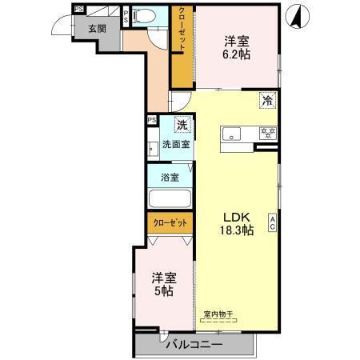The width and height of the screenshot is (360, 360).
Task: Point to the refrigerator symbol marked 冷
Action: click(x=267, y=101)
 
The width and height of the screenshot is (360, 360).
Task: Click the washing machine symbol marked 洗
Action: click(x=182, y=124)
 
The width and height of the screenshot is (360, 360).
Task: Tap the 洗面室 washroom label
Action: click(x=176, y=145)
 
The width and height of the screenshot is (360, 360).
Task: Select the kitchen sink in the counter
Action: click(x=233, y=133)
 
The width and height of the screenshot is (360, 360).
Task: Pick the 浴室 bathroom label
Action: click(x=169, y=178)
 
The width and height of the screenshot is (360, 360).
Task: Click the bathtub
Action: click(x=168, y=200)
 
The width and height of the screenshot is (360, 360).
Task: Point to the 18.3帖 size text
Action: click(x=238, y=230)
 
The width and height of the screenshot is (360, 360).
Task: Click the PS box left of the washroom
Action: click(x=151, y=121)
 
